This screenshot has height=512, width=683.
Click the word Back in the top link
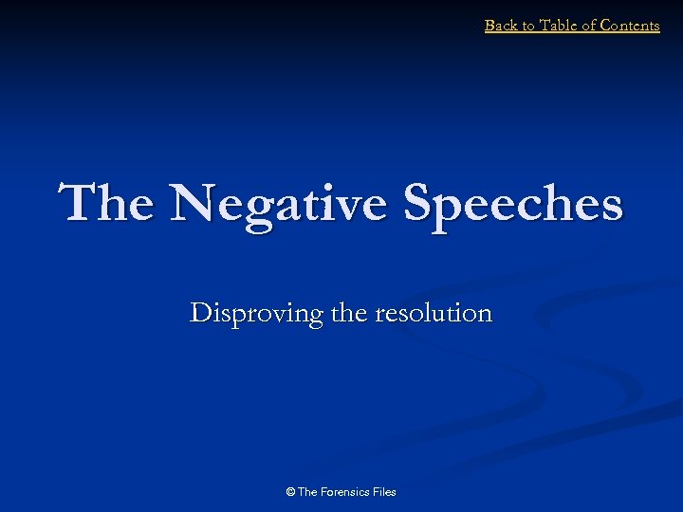502,26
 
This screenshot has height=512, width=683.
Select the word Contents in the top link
630,26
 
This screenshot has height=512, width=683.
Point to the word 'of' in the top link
589,26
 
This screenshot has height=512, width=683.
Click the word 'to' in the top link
527,26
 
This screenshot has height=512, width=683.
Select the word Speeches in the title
513,204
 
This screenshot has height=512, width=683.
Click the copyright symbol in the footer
290,492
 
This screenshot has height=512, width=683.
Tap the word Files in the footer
385,492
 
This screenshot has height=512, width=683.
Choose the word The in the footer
307,492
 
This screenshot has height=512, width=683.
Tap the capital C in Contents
607,26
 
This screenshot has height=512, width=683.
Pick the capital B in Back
489,26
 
